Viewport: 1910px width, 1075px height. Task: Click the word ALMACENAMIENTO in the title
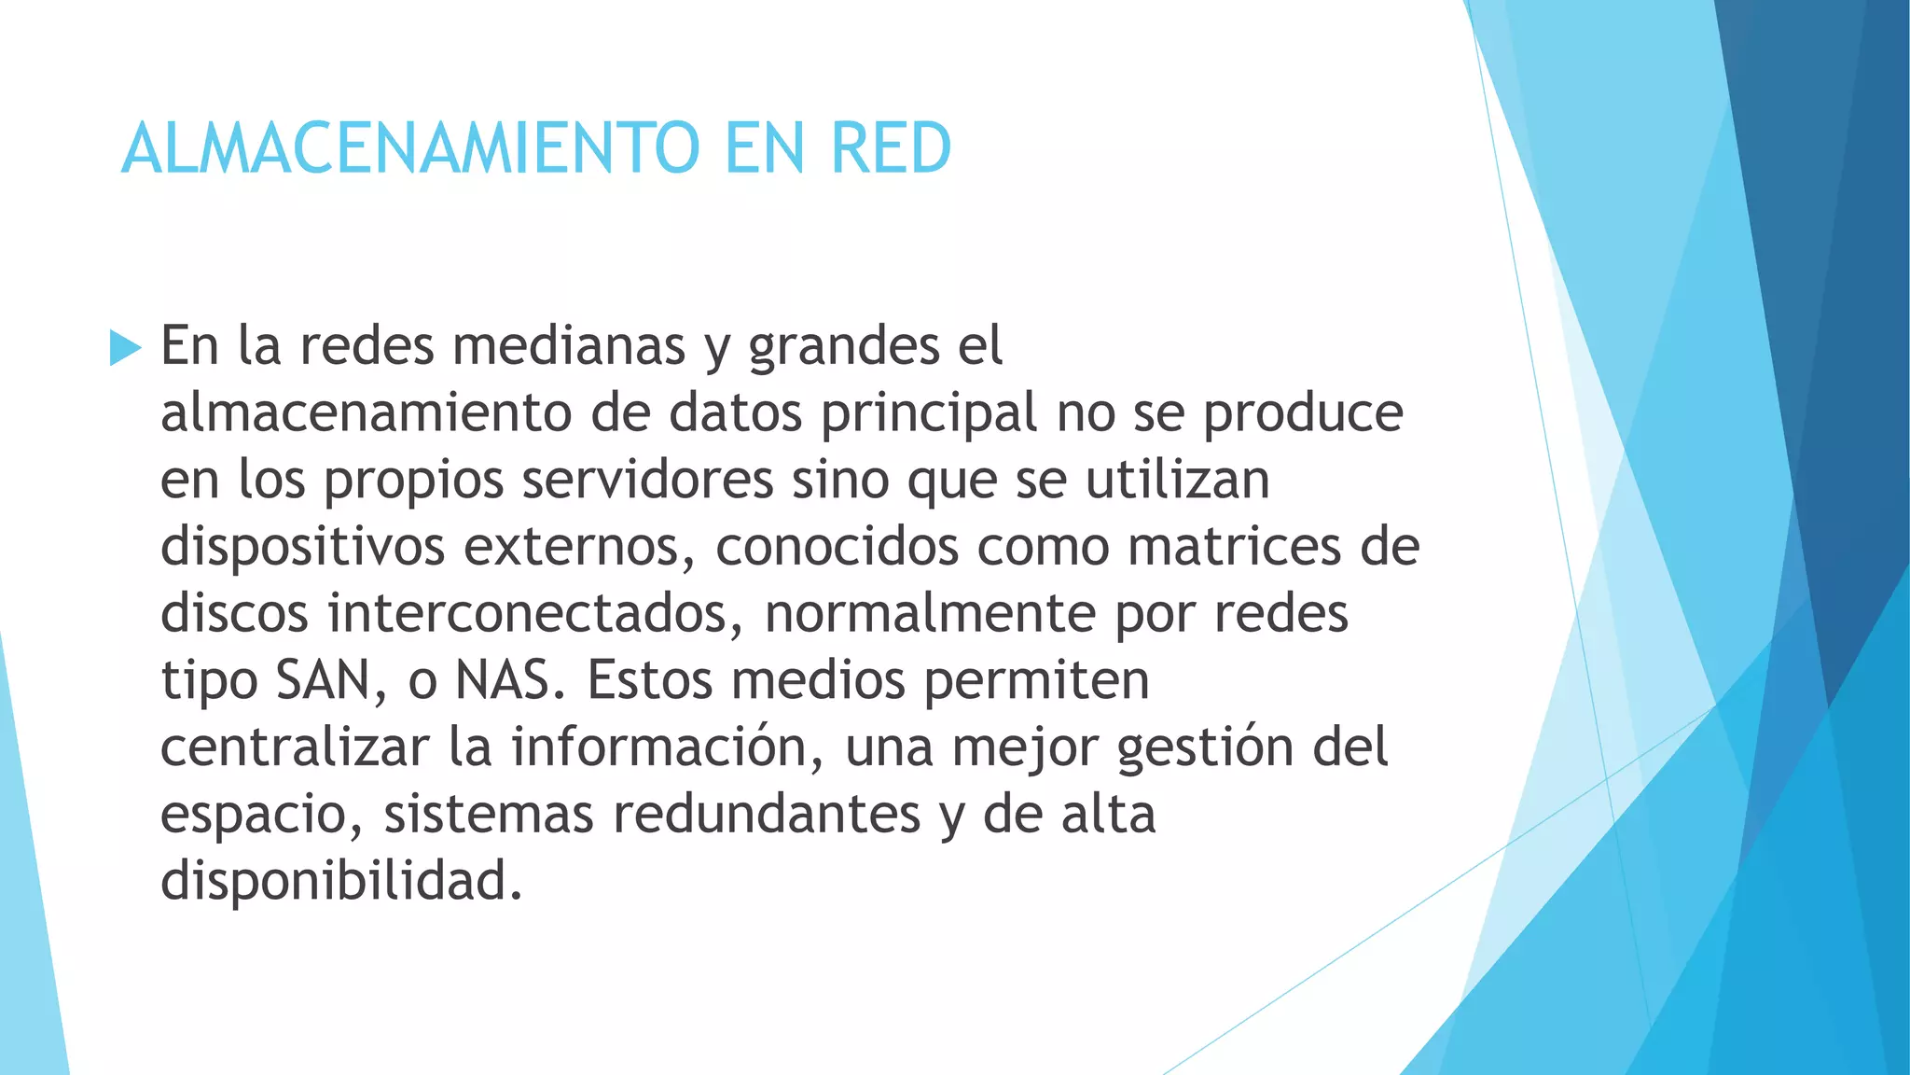[x=410, y=148]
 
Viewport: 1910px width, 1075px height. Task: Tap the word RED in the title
[x=891, y=148]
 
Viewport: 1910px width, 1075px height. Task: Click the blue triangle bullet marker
[x=125, y=348]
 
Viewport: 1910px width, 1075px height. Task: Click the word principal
[x=929, y=413]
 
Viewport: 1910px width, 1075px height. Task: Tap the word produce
[x=1303, y=413]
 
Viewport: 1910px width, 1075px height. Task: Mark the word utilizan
[x=1177, y=480]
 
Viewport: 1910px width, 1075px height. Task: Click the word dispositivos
[x=302, y=547]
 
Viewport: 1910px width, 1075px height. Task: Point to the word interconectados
[x=535, y=614]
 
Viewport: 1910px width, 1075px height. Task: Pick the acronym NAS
[x=509, y=680]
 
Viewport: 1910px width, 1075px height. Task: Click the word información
[x=667, y=747]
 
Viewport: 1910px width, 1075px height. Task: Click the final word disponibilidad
[x=340, y=881]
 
